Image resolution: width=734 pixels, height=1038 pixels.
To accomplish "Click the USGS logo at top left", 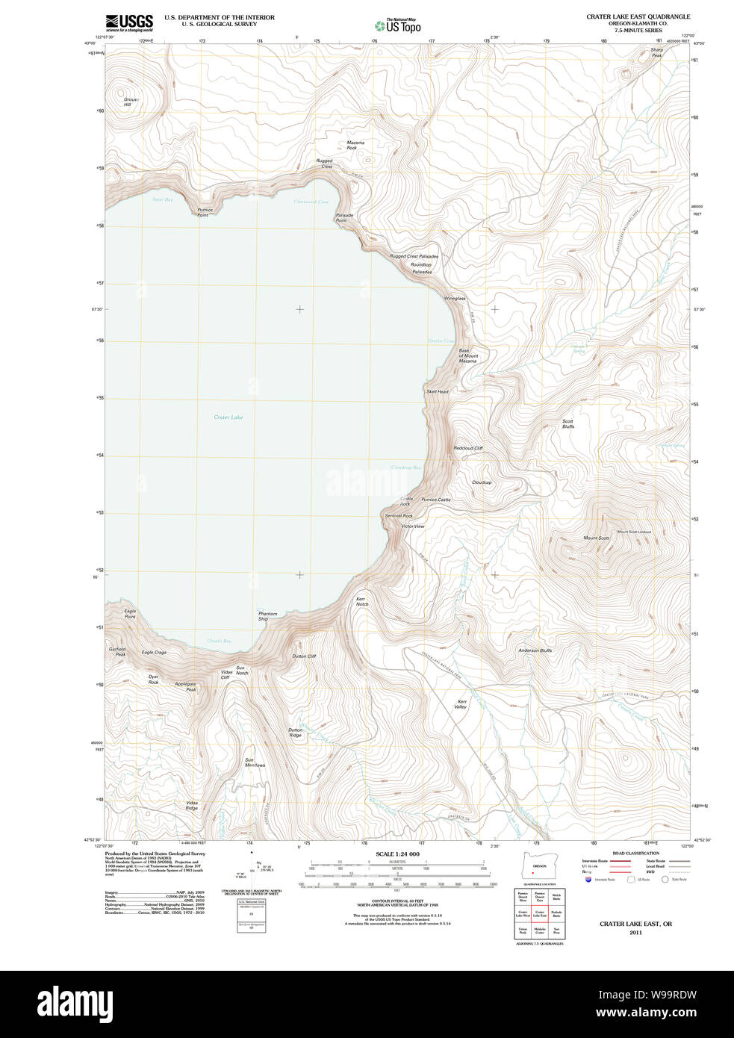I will pyautogui.click(x=129, y=22).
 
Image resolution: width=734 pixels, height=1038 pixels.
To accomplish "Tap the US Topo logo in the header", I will pyautogui.click(x=398, y=25).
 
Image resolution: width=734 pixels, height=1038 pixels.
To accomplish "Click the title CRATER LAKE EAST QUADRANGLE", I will pyautogui.click(x=638, y=16).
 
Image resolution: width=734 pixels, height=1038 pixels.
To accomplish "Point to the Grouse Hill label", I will pyautogui.click(x=131, y=102).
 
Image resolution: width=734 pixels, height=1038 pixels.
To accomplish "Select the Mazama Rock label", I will pyautogui.click(x=355, y=145).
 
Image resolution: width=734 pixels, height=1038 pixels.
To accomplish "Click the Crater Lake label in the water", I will pyautogui.click(x=228, y=417).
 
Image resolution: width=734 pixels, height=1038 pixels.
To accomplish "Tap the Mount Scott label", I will pyautogui.click(x=596, y=538).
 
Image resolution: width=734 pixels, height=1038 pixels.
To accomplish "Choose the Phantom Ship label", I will pyautogui.click(x=267, y=616).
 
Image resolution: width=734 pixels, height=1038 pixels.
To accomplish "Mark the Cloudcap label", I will pyautogui.click(x=482, y=482).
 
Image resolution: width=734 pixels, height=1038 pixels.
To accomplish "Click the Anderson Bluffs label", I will pyautogui.click(x=535, y=650).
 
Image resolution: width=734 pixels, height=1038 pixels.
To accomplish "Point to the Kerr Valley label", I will pyautogui.click(x=461, y=704).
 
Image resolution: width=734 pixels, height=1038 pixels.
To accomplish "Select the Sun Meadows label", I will pyautogui.click(x=255, y=762).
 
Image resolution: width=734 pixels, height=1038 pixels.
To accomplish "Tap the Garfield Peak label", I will pyautogui.click(x=117, y=652).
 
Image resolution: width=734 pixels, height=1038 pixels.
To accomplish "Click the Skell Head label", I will pyautogui.click(x=438, y=391).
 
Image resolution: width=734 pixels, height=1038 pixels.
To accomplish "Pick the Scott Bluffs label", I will pyautogui.click(x=568, y=423).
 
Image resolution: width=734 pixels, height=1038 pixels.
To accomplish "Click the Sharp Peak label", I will pyautogui.click(x=656, y=52).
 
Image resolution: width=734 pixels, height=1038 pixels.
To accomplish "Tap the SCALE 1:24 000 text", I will pyautogui.click(x=397, y=854).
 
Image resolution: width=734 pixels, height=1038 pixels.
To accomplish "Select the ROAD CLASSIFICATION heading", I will pyautogui.click(x=635, y=853).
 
